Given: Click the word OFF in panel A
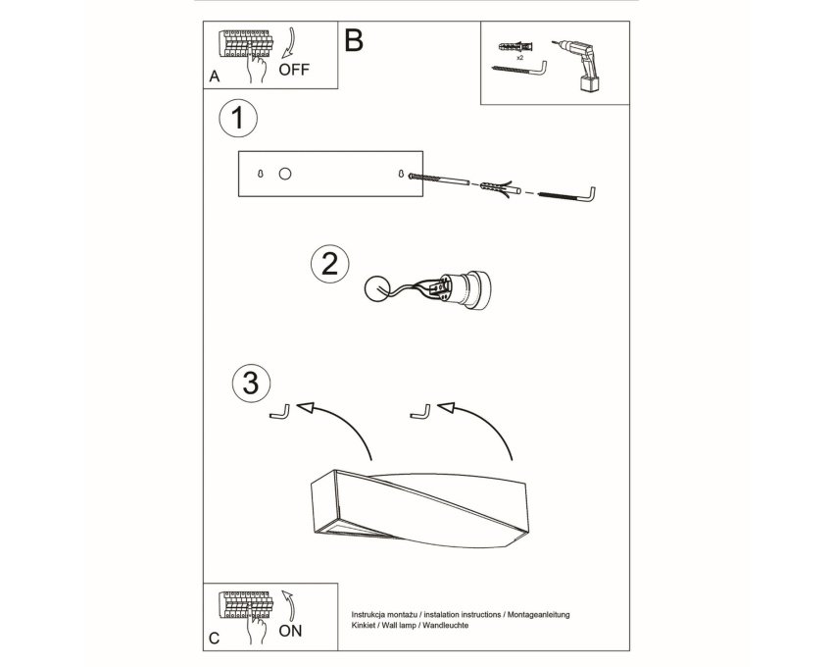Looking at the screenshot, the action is (294, 69).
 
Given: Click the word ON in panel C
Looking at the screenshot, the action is (290, 631).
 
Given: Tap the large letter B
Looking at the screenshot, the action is (353, 40).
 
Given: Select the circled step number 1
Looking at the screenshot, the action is (238, 118).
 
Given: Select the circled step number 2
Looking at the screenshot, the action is (330, 264).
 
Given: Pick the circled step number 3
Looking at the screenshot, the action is (251, 383).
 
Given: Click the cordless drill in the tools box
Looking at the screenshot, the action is (581, 66).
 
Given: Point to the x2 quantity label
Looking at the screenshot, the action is (519, 56).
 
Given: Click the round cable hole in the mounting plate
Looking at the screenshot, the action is (285, 174).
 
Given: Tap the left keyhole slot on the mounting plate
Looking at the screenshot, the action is (260, 174).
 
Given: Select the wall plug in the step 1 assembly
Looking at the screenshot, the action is (498, 188).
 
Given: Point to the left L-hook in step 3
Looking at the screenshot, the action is (280, 413).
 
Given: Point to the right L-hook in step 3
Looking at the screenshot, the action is (421, 412).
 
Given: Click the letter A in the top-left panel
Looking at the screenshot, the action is (214, 77).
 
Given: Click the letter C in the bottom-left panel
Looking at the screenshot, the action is (214, 639).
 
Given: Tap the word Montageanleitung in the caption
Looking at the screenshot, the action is (539, 614).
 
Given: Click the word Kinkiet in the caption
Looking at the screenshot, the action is (363, 626).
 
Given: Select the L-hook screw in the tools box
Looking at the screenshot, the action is (520, 71).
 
